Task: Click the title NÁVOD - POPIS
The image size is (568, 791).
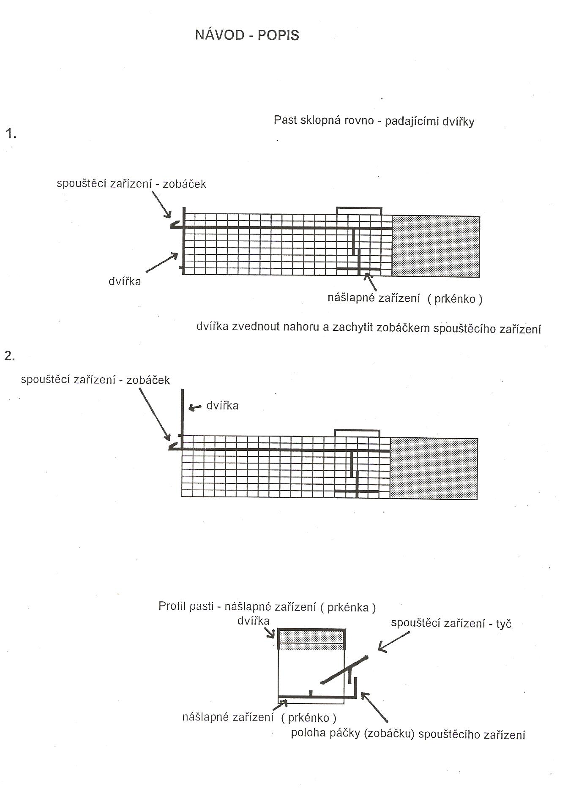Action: coord(247,35)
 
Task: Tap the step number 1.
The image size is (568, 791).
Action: coord(11,134)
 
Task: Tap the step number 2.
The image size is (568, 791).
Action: coord(10,356)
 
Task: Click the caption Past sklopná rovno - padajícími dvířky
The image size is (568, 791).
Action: coord(374,121)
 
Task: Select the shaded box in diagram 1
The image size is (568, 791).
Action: coord(436,246)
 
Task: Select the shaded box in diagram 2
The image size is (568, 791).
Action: coord(434,469)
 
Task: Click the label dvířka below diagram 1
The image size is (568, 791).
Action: coord(125,281)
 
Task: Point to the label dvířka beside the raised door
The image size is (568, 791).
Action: coord(222,406)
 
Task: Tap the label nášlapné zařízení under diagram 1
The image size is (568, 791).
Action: coord(405,298)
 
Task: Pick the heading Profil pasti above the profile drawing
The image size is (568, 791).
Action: coord(267,607)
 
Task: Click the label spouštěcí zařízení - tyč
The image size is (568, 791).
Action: coord(451,623)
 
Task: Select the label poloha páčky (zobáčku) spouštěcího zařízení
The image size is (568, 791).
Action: coord(408,734)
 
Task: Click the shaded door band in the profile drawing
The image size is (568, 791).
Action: coord(311,640)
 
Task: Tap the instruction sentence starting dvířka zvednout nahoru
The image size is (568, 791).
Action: coord(369,327)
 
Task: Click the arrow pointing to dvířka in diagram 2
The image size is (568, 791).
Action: coord(195,407)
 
